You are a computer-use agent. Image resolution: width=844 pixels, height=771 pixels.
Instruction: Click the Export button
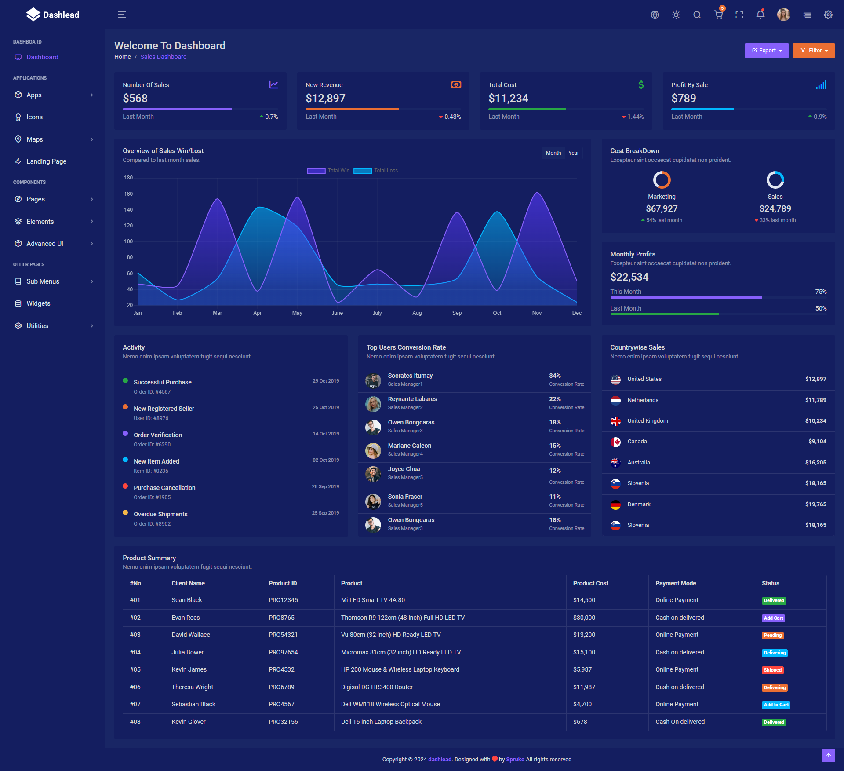766,51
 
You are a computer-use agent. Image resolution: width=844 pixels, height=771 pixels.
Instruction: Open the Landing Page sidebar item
46,161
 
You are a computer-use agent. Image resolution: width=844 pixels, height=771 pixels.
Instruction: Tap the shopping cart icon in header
718,15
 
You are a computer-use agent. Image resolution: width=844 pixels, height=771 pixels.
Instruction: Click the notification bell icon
760,15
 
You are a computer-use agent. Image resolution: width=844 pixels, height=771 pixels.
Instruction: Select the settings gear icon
828,15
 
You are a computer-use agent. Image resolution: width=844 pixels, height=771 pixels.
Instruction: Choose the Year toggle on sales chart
573,153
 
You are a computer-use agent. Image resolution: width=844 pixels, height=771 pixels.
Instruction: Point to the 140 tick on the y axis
128,210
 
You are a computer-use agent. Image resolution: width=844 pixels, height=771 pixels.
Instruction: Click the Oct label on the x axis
497,313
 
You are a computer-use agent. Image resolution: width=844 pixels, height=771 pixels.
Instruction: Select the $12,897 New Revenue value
325,98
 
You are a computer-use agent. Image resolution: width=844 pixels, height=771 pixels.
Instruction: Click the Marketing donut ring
662,180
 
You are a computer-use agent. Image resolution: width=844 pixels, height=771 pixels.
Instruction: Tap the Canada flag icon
615,442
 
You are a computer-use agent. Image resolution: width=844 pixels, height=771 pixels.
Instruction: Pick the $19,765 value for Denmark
815,504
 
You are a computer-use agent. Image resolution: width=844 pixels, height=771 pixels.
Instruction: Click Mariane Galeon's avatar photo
373,450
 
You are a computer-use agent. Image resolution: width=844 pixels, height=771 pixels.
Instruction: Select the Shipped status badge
772,670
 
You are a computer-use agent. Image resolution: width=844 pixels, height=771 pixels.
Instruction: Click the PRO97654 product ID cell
283,652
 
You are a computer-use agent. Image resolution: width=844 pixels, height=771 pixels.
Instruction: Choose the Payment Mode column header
676,583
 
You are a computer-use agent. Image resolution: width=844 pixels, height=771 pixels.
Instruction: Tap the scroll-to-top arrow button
828,755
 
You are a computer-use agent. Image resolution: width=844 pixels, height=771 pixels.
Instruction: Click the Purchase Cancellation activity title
164,488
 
